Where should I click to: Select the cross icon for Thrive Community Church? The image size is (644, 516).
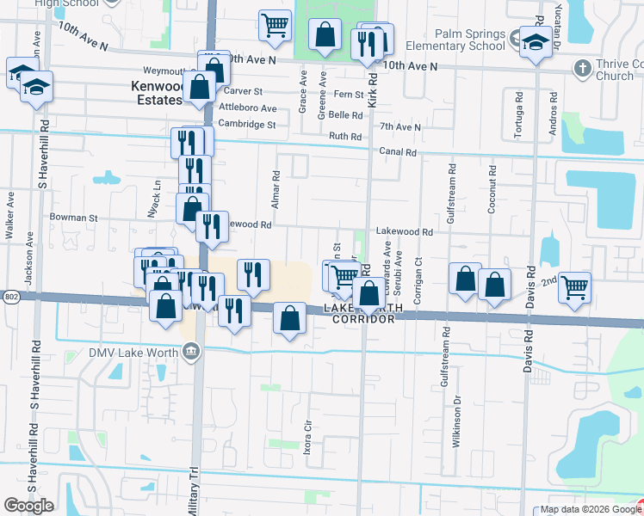coord(582,67)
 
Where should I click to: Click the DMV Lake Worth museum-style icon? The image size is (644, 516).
coord(191,350)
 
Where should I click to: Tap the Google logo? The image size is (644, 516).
coord(28,506)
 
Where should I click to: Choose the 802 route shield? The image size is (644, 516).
coord(9,296)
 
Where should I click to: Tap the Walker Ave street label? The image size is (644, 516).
coord(10,220)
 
